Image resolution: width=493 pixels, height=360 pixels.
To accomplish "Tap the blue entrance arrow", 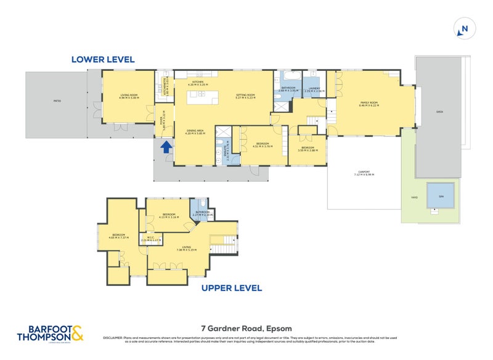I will (165, 147).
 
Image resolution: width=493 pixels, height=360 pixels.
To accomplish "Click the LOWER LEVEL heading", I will (103, 60).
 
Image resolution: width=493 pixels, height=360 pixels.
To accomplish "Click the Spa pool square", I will (441, 196).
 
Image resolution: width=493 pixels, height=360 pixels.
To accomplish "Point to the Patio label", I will (57, 100).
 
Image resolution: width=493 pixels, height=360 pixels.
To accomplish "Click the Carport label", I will (364, 173).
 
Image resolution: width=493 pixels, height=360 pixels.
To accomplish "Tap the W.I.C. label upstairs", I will (146, 239).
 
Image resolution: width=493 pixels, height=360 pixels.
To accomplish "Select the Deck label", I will (439, 112).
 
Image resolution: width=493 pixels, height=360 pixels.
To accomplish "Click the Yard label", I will (414, 197).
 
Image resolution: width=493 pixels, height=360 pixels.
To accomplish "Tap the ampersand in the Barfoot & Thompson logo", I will (77, 334).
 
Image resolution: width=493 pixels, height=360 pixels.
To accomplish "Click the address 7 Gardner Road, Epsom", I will (246, 329).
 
